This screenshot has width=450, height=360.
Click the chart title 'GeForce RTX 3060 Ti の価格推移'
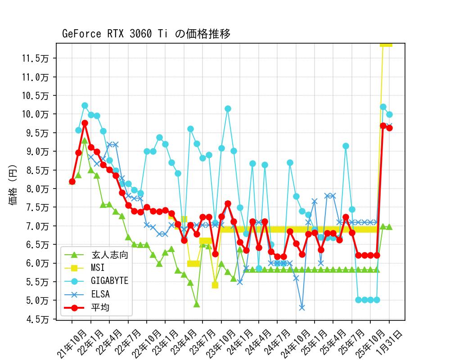(x=146, y=34)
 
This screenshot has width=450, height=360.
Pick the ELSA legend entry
(x=100, y=294)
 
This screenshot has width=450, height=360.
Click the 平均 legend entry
(x=100, y=308)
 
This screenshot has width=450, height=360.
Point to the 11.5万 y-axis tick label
(x=38, y=58)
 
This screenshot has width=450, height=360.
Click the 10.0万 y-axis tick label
(x=38, y=114)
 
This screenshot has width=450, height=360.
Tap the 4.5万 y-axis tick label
(x=40, y=319)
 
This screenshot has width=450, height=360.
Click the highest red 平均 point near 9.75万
(x=85, y=123)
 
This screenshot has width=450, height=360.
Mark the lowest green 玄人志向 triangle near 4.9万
(x=197, y=304)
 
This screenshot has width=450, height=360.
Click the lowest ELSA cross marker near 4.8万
(x=302, y=308)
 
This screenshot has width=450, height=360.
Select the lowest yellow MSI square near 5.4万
(x=215, y=285)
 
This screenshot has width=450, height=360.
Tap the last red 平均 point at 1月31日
(x=389, y=128)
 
